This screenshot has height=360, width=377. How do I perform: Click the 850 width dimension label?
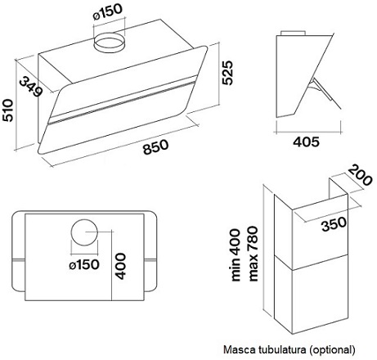[x=155, y=146]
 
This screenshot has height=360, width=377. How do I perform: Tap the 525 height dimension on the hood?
[x=227, y=73]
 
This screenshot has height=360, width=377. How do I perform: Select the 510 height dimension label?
[x=7, y=110]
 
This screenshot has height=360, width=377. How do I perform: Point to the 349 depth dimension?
[x=31, y=87]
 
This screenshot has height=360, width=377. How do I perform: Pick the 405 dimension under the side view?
[x=306, y=142]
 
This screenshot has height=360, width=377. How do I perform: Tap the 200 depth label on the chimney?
[x=361, y=174]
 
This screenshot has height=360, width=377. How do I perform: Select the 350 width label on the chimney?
[x=334, y=224]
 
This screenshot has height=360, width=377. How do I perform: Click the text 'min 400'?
[x=236, y=255]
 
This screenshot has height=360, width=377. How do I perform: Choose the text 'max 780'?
[x=253, y=254]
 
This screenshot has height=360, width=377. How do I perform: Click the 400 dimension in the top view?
[x=120, y=267]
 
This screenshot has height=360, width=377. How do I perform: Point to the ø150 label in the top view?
[x=84, y=264]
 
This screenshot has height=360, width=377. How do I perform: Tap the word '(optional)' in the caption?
[x=332, y=350]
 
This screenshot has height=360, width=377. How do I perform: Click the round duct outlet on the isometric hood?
[x=109, y=43]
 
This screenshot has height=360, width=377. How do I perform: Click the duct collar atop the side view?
[x=293, y=33]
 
